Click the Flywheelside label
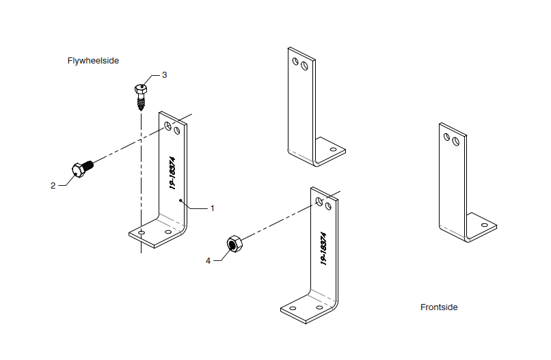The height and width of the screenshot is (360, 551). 93,61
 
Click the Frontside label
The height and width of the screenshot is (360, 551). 439,307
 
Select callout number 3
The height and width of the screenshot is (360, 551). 164,75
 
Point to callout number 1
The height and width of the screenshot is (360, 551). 212,207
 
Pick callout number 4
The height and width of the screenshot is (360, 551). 209,260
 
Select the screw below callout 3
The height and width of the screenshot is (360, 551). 141,96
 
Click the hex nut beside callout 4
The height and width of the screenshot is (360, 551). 234,244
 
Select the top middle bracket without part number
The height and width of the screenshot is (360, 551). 301,109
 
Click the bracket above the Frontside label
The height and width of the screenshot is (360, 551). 455,184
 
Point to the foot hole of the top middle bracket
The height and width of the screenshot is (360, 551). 333,148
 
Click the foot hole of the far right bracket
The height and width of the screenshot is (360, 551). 484,224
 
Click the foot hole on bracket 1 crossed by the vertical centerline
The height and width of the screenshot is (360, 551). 142,234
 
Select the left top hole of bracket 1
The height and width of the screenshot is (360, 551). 167,126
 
